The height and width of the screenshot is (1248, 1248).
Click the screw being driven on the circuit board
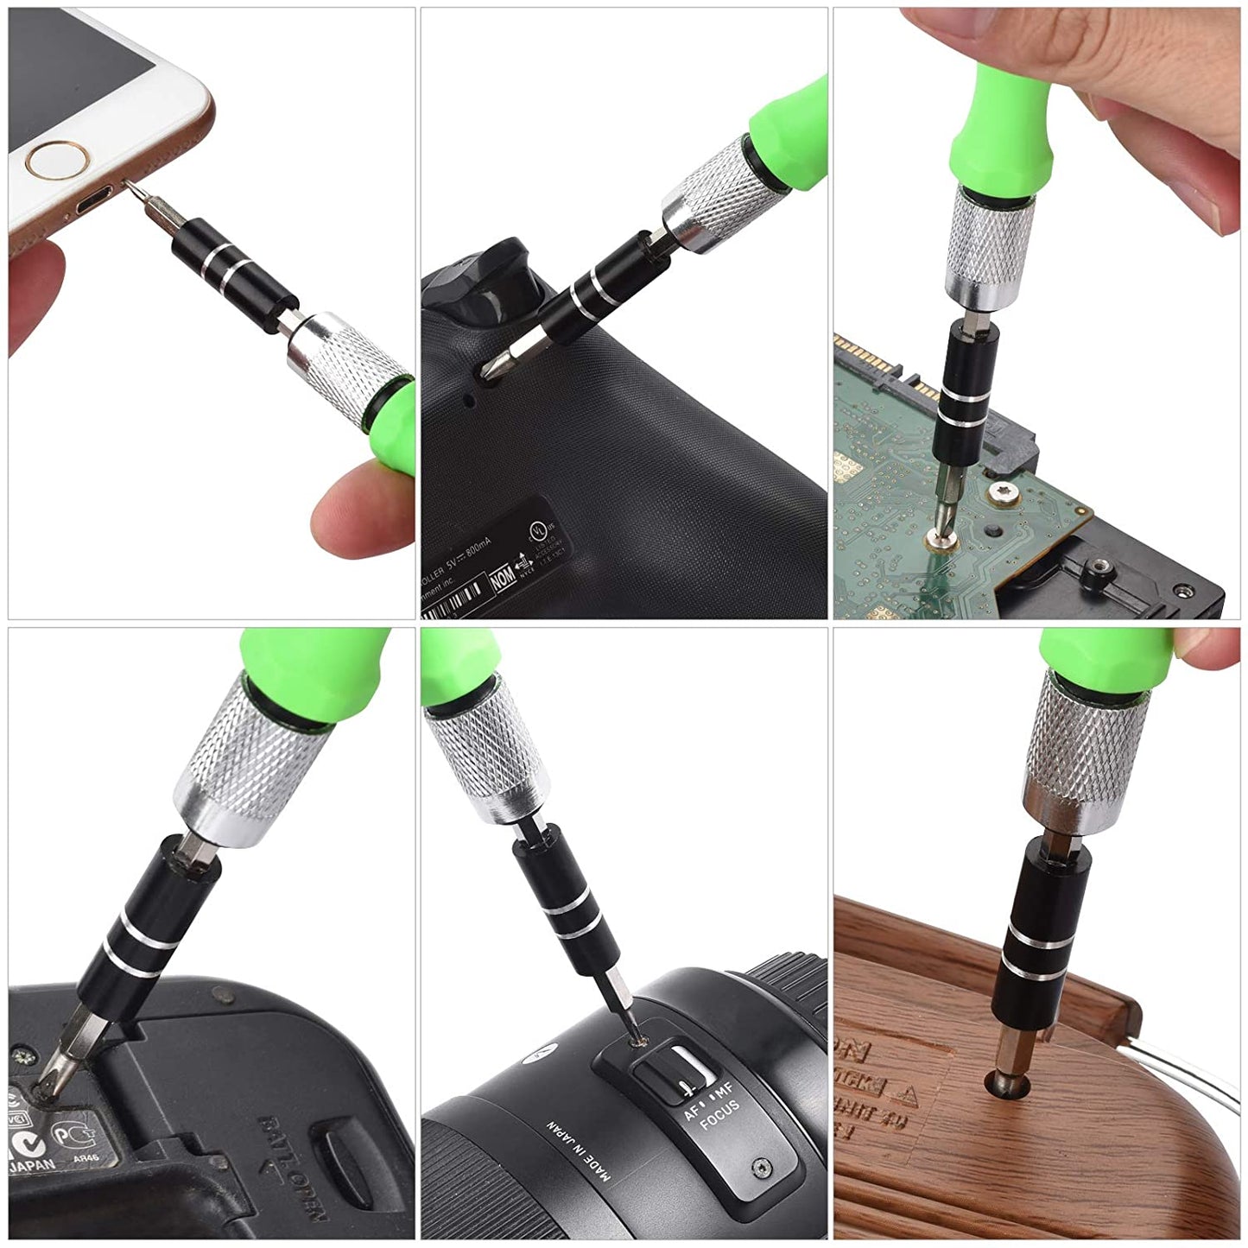937,538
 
